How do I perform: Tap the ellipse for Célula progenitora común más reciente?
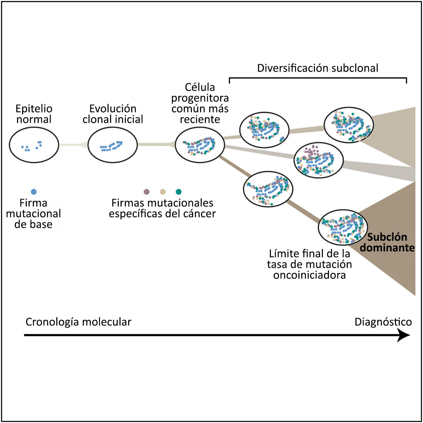(x=200, y=145)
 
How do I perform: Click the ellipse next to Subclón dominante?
(x=343, y=227)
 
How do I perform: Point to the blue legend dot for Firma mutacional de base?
(x=33, y=192)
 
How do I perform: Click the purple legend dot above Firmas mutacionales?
(x=147, y=192)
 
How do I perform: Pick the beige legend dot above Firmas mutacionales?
(x=163, y=192)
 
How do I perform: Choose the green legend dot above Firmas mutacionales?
(x=179, y=192)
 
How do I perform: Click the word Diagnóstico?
(x=383, y=322)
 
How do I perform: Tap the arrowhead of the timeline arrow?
(x=404, y=335)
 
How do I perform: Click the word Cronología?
(x=52, y=322)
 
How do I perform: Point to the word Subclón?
(x=387, y=237)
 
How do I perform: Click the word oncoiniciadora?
(x=309, y=275)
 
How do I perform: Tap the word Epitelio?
(x=34, y=109)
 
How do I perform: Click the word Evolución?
(x=113, y=109)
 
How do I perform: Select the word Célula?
(x=200, y=87)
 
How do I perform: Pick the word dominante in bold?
(x=387, y=248)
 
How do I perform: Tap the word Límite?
(x=283, y=254)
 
